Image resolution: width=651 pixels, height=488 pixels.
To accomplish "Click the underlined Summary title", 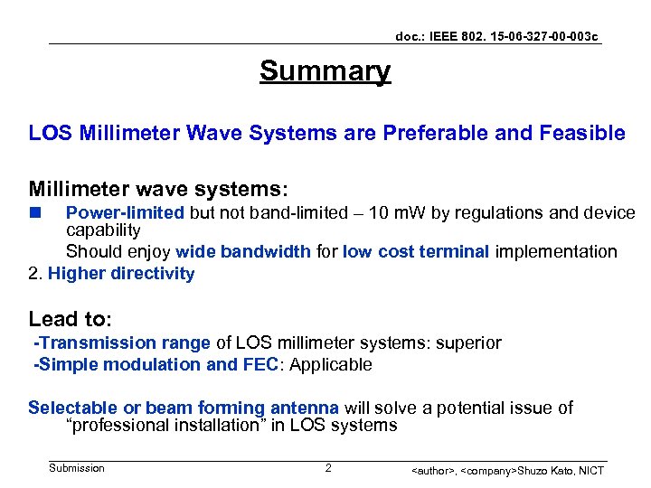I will coord(325,70).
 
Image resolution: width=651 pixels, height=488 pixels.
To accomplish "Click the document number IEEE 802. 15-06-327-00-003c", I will coord(496,36).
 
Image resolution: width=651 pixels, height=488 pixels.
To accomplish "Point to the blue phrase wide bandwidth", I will coord(243,251).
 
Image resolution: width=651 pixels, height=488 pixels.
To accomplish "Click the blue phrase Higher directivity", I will coord(121,273).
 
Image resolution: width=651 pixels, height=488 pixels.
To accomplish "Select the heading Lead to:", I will coord(71,319).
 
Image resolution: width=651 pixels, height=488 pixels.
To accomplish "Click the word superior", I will coord(468,343).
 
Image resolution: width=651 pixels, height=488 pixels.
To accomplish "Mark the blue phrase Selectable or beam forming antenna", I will coord(184,408).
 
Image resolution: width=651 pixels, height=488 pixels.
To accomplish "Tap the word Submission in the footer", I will coord(77,468).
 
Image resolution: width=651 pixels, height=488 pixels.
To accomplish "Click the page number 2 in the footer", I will coord(328,468).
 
